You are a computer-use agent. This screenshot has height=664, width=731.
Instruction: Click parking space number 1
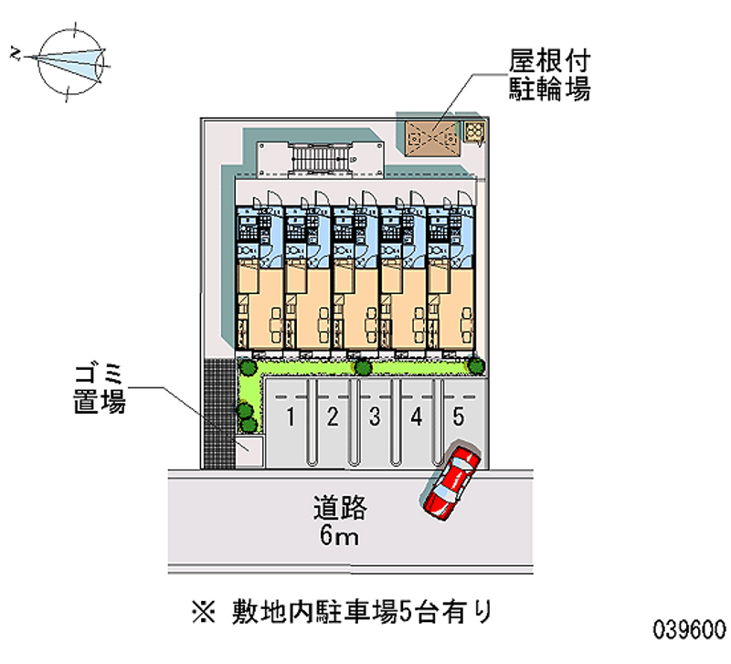[x=290, y=418]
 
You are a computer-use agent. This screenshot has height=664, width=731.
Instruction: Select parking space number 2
[x=333, y=418]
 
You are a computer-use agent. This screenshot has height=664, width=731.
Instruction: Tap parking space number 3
[x=375, y=418]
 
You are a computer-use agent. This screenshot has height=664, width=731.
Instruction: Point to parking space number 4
[x=417, y=418]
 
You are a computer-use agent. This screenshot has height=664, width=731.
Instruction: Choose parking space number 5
[x=459, y=418]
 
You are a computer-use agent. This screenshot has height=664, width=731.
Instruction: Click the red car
[x=450, y=481]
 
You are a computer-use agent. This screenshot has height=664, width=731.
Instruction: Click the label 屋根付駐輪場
[x=548, y=75]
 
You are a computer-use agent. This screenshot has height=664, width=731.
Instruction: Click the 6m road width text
[x=339, y=536]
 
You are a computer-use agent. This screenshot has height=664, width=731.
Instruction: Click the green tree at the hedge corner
[x=246, y=367]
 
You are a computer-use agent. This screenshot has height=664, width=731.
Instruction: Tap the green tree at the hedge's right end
[x=476, y=365]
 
